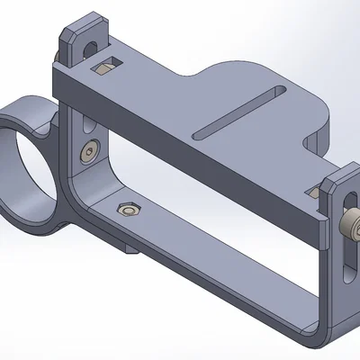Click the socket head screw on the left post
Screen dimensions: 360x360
click(x=86, y=154)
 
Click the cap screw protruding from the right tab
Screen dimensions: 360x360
click(x=352, y=222)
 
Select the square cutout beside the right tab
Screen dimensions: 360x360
click(x=314, y=188)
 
